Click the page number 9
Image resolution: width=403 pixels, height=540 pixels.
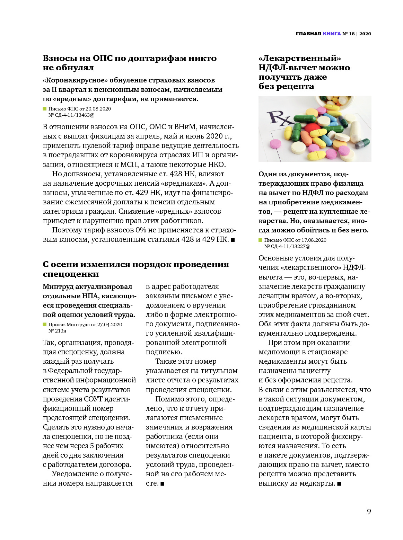click(369, 511)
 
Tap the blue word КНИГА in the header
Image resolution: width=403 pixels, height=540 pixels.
click(332, 34)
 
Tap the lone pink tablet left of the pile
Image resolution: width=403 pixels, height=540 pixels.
click(276, 143)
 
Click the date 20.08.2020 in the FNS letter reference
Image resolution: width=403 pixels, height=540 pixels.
click(98, 109)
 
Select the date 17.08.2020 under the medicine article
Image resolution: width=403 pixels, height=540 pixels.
click(314, 240)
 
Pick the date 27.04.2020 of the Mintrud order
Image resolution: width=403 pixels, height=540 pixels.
click(109, 325)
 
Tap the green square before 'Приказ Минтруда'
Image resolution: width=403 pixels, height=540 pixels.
click(45, 325)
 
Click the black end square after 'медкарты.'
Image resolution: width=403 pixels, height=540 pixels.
click(339, 484)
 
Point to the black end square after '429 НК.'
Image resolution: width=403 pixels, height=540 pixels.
click(233, 240)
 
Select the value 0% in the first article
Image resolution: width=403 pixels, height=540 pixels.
click(141, 230)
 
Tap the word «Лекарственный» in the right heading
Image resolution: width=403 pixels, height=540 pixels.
click(299, 58)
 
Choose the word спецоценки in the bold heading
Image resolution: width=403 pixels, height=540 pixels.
click(71, 274)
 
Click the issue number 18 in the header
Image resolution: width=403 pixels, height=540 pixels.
click(352, 34)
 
